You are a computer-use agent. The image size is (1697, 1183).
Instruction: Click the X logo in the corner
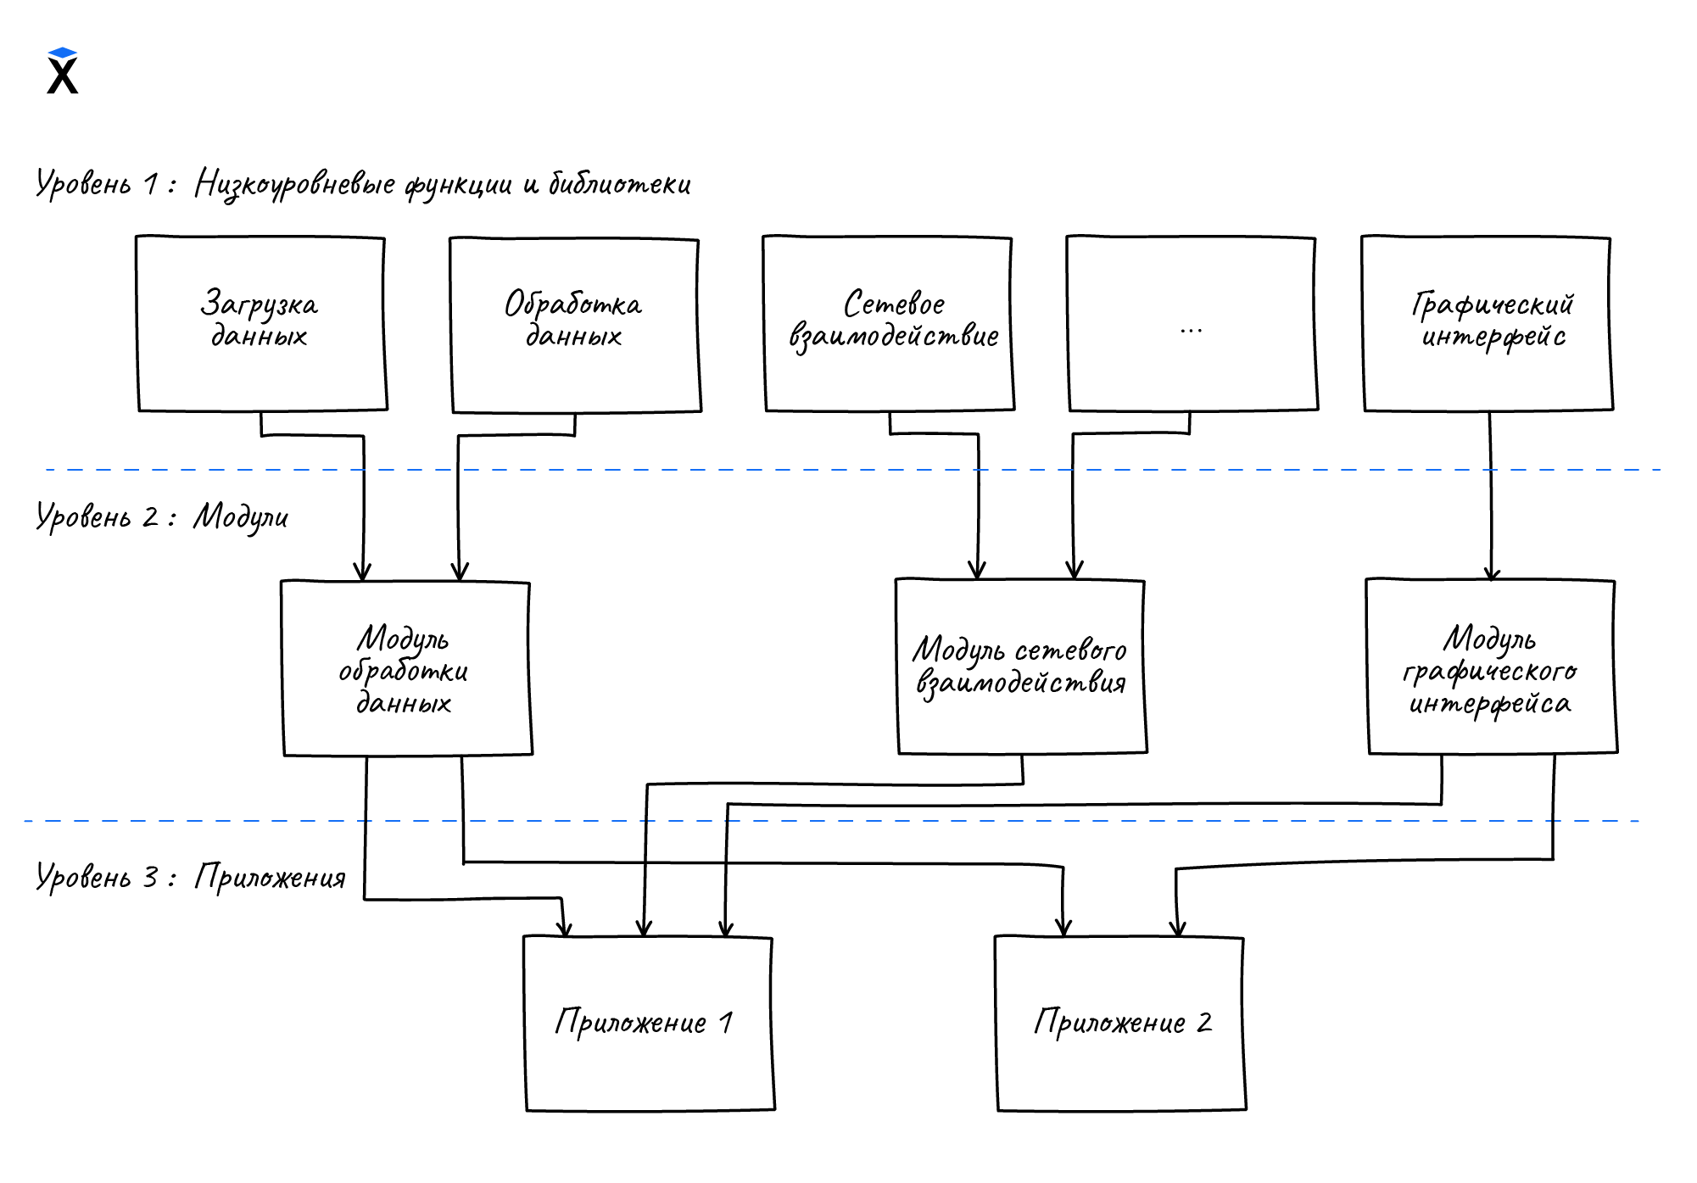pos(63,71)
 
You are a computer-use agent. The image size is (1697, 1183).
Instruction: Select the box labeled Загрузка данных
pos(261,324)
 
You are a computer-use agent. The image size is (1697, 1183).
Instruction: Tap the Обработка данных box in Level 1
pos(575,326)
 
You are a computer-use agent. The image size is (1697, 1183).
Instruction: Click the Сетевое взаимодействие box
pos(889,324)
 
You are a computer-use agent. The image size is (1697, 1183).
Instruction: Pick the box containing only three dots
pos(1192,324)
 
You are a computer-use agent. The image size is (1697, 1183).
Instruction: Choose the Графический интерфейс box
pos(1488,324)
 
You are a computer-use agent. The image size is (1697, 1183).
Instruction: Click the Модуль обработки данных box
pos(406,668)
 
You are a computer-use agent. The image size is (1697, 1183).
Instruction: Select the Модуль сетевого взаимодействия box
pos(1021,667)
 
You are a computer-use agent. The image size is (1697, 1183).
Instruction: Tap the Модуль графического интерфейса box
pos(1491,667)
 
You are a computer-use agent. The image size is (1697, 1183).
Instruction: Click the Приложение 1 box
pos(649,1024)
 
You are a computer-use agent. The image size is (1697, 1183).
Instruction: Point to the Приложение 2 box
pos(1119,1024)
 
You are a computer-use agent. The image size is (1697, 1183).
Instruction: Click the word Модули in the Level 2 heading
pos(241,517)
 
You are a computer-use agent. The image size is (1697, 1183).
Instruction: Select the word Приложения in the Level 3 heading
pos(271,878)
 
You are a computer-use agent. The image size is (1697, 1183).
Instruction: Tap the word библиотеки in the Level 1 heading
pos(620,184)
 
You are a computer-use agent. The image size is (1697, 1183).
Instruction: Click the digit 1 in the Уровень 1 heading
pos(151,184)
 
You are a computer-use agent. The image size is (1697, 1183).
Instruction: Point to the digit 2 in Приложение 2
pos(1204,1023)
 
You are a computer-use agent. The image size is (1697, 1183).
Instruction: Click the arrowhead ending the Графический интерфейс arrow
pos(1492,573)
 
